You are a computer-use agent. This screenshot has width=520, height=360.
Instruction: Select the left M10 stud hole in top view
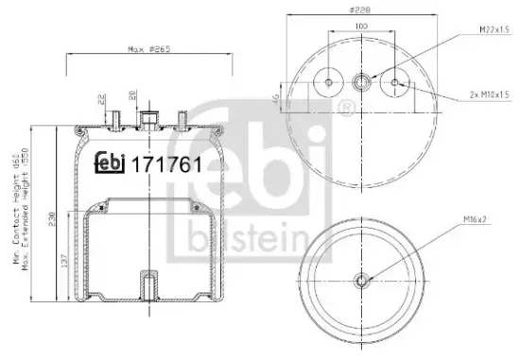[x=328, y=83]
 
